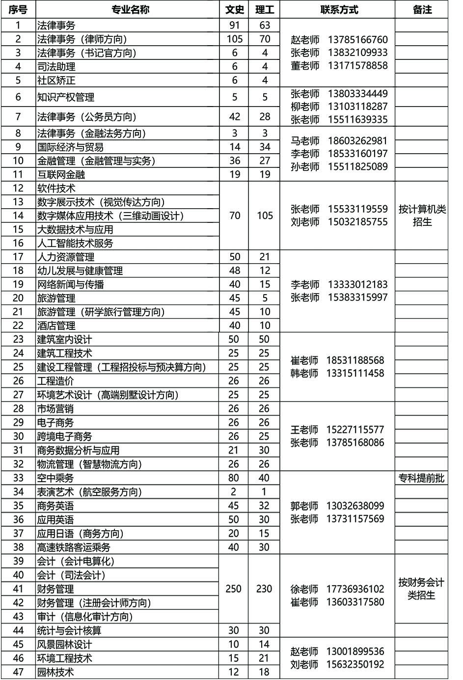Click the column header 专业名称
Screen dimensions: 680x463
127,9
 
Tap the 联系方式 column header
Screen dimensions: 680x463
339,9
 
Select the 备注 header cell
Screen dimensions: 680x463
422,9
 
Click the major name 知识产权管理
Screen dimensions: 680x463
66,97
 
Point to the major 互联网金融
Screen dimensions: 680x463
61,174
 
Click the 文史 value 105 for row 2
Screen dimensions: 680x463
235,39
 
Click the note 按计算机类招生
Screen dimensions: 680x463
422,216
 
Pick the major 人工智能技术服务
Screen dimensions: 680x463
75,243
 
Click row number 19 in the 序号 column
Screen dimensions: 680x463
18,284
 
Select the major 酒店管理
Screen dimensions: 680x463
56,326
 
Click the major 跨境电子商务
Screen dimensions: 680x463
65,436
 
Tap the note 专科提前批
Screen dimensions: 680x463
422,478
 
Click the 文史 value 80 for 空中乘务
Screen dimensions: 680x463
234,478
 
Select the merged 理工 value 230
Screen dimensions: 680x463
264,589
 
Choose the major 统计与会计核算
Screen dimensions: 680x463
69,630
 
